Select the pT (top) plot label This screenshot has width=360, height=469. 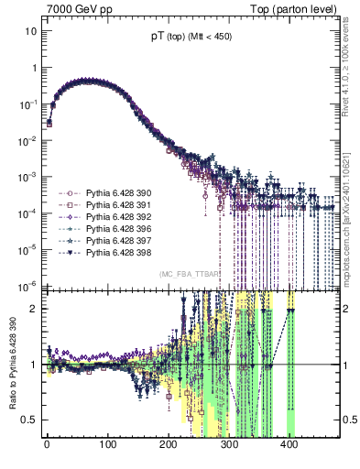(191, 38)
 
